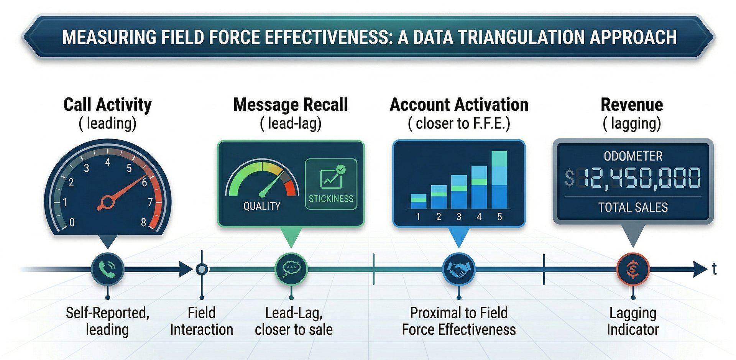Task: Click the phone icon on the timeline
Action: point(108,269)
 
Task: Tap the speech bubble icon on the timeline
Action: point(291,269)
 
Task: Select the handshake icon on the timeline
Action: point(459,269)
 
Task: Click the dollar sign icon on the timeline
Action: point(633,269)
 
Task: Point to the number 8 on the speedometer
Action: point(143,222)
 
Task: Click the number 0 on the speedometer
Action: point(72,222)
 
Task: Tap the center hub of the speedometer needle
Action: point(107,202)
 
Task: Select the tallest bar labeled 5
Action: point(499,180)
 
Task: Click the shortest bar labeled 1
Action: point(418,201)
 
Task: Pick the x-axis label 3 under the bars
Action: point(459,217)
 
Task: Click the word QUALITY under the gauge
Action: point(262,206)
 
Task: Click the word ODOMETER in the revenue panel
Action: point(633,156)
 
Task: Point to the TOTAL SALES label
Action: point(633,207)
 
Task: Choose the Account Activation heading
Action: point(459,105)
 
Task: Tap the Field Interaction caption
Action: point(202,321)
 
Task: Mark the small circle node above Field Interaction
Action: point(202,270)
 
